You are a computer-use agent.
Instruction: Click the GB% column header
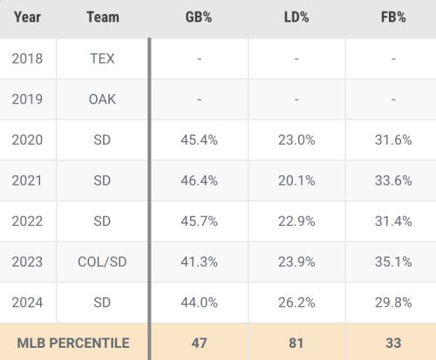199,17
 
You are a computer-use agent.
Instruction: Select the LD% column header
296,17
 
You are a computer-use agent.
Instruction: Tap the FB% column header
393,17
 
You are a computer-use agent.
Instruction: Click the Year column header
27,17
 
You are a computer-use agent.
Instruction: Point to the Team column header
103,17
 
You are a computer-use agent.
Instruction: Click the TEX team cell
102,58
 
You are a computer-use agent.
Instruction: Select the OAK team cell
102,99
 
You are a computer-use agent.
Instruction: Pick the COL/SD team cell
102,262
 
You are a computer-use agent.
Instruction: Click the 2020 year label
27,140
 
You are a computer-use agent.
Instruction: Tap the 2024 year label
27,302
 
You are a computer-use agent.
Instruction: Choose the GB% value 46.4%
199,180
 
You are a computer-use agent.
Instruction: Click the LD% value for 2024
296,302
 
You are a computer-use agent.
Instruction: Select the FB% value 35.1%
393,262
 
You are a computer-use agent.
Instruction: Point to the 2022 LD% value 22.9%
296,221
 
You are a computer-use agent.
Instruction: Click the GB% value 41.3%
199,262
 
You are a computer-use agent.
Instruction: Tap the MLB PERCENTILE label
73,343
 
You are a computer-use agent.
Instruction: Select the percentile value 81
296,343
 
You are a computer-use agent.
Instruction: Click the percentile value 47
199,343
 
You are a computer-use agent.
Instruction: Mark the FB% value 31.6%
393,140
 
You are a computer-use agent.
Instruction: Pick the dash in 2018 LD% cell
296,59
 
